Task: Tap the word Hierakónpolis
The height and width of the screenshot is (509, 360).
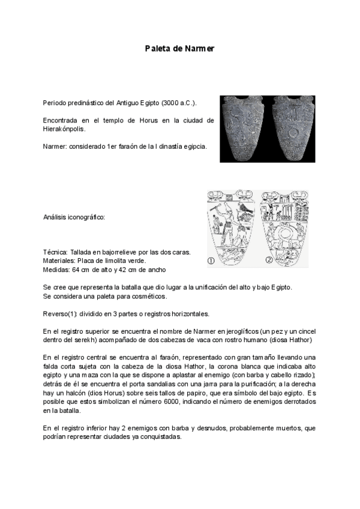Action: pyautogui.click(x=64, y=128)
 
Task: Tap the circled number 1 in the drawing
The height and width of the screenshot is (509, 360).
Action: pyautogui.click(x=211, y=261)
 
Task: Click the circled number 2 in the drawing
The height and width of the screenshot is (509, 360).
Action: pyautogui.click(x=269, y=261)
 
